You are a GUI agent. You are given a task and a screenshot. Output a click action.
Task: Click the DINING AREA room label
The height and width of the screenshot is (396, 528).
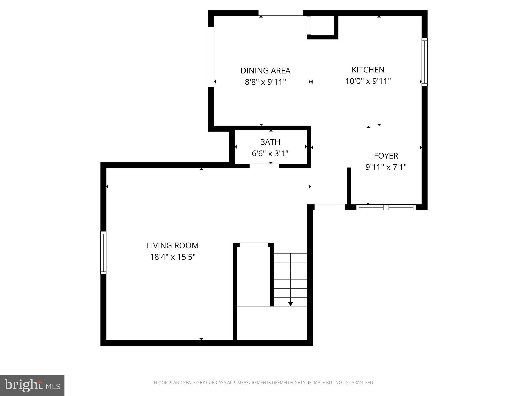(x=265, y=71)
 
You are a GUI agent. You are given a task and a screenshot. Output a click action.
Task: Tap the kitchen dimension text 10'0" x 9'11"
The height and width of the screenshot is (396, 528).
(x=368, y=81)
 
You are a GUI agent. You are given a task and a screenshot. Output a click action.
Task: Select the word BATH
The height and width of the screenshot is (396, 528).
(x=270, y=142)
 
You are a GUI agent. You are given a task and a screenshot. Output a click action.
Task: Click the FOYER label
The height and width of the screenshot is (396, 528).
(x=386, y=156)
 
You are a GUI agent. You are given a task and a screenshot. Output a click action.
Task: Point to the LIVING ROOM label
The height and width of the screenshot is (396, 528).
(x=172, y=245)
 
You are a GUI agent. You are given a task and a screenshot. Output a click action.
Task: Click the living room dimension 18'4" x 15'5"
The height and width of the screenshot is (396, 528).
(x=172, y=257)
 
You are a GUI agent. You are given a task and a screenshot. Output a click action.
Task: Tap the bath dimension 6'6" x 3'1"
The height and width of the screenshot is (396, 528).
(x=270, y=154)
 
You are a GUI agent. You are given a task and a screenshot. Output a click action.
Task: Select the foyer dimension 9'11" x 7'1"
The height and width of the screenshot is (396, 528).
(x=386, y=167)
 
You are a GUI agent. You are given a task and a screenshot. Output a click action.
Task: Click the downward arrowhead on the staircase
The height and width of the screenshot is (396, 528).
(x=291, y=304)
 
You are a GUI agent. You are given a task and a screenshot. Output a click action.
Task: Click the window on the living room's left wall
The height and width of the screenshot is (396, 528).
(x=103, y=253)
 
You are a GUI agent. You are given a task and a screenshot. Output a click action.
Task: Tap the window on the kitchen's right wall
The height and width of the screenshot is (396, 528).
(x=425, y=62)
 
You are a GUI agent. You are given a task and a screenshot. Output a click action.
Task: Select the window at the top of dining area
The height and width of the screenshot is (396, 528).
(x=280, y=13)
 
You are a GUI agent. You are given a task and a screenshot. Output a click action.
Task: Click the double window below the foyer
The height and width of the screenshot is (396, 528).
(x=386, y=207)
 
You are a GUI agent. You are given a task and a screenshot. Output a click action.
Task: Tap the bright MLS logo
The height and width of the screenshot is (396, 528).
(x=32, y=385)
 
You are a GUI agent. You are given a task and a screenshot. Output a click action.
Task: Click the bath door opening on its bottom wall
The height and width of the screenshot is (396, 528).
(x=264, y=165)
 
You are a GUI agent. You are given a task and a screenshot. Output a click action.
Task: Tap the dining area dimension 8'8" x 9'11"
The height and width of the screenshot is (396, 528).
(x=265, y=82)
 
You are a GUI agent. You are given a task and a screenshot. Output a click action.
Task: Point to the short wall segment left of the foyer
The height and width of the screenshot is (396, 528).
(x=349, y=186)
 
